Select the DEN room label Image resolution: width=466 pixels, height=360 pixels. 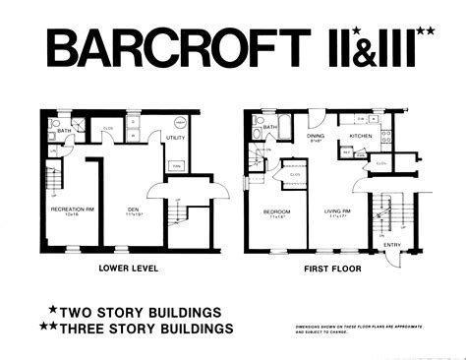point(134,210)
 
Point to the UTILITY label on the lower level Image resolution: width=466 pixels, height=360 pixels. point(177,140)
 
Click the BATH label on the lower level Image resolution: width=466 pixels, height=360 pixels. point(62,129)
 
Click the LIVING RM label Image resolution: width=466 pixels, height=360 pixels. point(338,210)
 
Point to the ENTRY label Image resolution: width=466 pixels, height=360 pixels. point(392,245)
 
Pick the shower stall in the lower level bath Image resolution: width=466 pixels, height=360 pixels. point(84,126)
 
